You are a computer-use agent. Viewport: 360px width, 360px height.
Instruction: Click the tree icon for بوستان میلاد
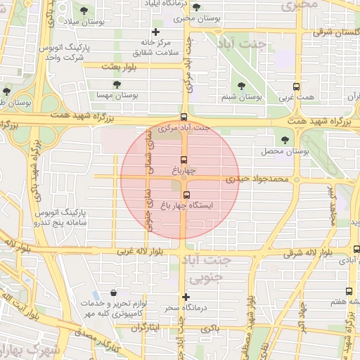coord(84,11)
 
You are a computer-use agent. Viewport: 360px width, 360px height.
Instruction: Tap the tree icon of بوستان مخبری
coord(195,7)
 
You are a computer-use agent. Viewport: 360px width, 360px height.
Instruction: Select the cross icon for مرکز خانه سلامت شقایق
coord(155,32)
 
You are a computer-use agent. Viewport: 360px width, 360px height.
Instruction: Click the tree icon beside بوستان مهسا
coord(117,84)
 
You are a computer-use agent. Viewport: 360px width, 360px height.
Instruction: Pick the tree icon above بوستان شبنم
coord(242,85)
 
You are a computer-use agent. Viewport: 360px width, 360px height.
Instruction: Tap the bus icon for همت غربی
coord(296,87)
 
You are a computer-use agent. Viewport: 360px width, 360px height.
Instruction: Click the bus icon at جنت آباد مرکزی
coord(184,117)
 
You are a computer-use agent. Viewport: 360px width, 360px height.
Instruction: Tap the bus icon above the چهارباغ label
coord(184,160)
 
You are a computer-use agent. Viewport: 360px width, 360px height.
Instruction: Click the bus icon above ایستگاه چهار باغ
coord(186,195)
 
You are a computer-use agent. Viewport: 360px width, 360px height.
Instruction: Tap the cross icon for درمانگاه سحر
coord(186,297)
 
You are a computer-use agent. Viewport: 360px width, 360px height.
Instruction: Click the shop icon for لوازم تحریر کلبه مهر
coord(113,293)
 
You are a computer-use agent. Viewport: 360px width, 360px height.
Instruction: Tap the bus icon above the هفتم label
coord(349,291)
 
